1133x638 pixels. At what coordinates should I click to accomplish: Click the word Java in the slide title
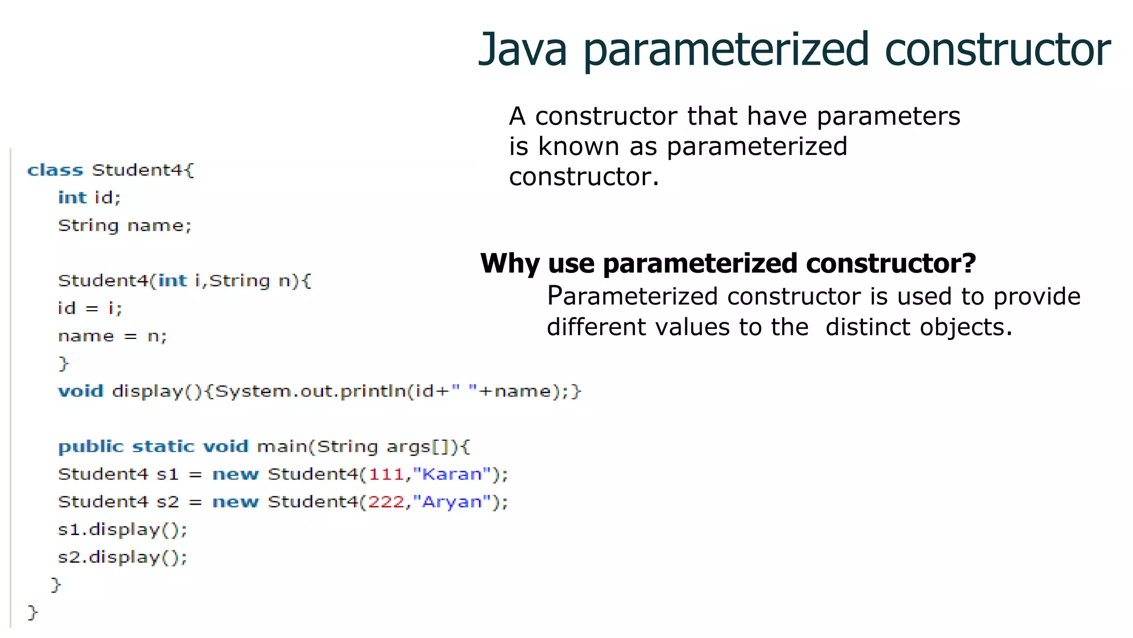click(x=523, y=50)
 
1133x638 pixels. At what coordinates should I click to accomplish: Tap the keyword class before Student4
click(x=55, y=170)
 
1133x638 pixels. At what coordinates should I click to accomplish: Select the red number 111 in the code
click(x=386, y=474)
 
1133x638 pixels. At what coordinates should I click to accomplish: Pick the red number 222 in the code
click(x=386, y=502)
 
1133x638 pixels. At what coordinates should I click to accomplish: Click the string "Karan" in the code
click(x=452, y=474)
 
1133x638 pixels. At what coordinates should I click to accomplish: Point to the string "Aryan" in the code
click(x=452, y=502)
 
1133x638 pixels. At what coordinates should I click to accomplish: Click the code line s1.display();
click(x=122, y=529)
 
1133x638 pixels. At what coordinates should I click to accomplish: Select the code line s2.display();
click(x=122, y=557)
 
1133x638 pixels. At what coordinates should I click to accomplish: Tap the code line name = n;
click(x=112, y=336)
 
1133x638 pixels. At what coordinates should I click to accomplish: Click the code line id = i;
click(x=90, y=308)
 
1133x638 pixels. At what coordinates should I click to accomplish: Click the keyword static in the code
click(x=163, y=446)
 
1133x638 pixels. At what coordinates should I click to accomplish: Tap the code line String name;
click(x=124, y=225)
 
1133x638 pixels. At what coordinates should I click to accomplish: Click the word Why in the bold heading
click(x=509, y=264)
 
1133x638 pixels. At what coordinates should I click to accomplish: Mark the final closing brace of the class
click(x=33, y=612)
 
